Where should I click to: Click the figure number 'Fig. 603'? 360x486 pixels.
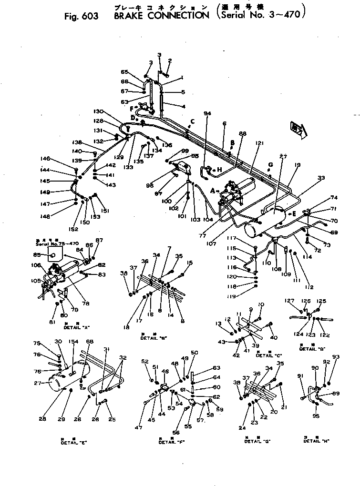coord(81,16)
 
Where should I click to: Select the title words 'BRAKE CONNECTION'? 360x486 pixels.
coord(155,15)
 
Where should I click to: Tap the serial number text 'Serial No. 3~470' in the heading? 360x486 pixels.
coord(261,15)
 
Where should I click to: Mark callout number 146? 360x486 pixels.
coord(45,159)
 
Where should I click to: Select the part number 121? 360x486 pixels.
coord(259,143)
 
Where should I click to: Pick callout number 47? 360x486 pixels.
coord(138,428)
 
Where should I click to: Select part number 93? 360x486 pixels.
coord(335,357)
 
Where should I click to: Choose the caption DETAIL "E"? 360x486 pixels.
coord(73,442)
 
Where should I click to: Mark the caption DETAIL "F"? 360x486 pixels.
coord(169,442)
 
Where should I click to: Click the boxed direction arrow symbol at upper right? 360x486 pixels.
coord(296,129)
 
